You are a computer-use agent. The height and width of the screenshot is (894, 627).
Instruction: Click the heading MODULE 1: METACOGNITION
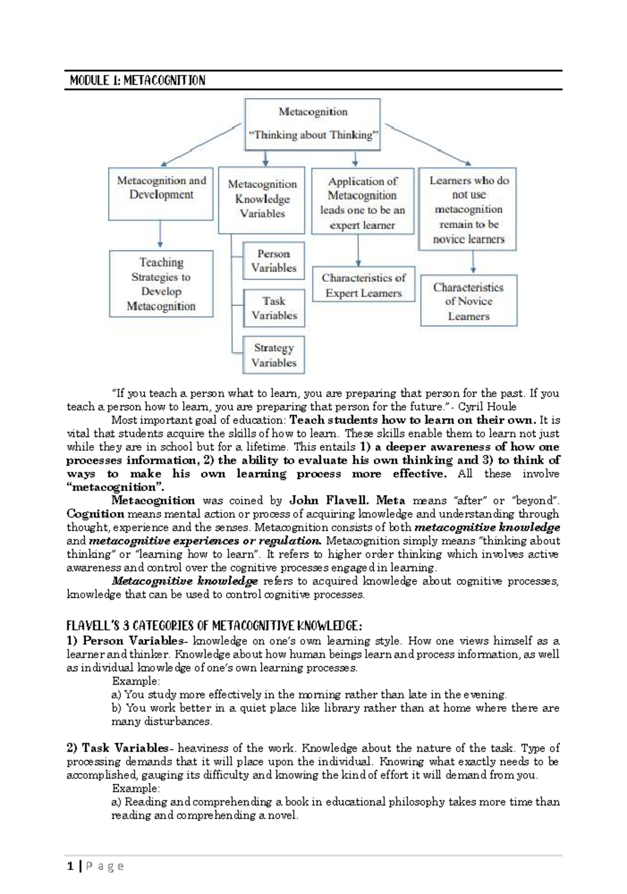pyautogui.click(x=137, y=80)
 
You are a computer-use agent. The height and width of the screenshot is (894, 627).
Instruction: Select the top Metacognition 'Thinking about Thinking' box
pyautogui.click(x=312, y=124)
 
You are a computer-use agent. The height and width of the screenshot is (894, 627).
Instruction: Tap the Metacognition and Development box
pyautogui.click(x=161, y=193)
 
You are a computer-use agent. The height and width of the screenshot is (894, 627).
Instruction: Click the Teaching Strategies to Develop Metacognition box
pyautogui.click(x=161, y=284)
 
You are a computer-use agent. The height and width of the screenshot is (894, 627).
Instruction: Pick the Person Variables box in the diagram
pyautogui.click(x=273, y=261)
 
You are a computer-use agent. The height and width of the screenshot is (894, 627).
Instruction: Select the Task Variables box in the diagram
pyautogui.click(x=273, y=308)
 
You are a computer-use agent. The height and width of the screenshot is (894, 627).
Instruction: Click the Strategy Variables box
pyautogui.click(x=273, y=355)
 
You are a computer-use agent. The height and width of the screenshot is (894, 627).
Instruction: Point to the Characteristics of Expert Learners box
pyautogui.click(x=363, y=285)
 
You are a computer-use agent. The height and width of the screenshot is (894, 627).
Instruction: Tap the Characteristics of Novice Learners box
pyautogui.click(x=468, y=301)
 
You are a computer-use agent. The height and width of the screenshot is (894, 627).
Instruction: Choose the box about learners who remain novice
pyautogui.click(x=468, y=209)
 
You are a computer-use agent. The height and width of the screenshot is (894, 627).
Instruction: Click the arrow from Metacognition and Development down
pyautogui.click(x=160, y=234)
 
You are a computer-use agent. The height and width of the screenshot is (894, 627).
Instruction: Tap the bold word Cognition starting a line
pyautogui.click(x=88, y=514)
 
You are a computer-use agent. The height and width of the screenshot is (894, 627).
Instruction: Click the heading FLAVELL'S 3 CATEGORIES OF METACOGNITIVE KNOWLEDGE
pyautogui.click(x=214, y=626)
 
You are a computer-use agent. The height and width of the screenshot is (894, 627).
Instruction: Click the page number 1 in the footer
pyautogui.click(x=69, y=866)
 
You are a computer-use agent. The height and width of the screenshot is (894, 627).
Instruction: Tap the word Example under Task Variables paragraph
pyautogui.click(x=135, y=788)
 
